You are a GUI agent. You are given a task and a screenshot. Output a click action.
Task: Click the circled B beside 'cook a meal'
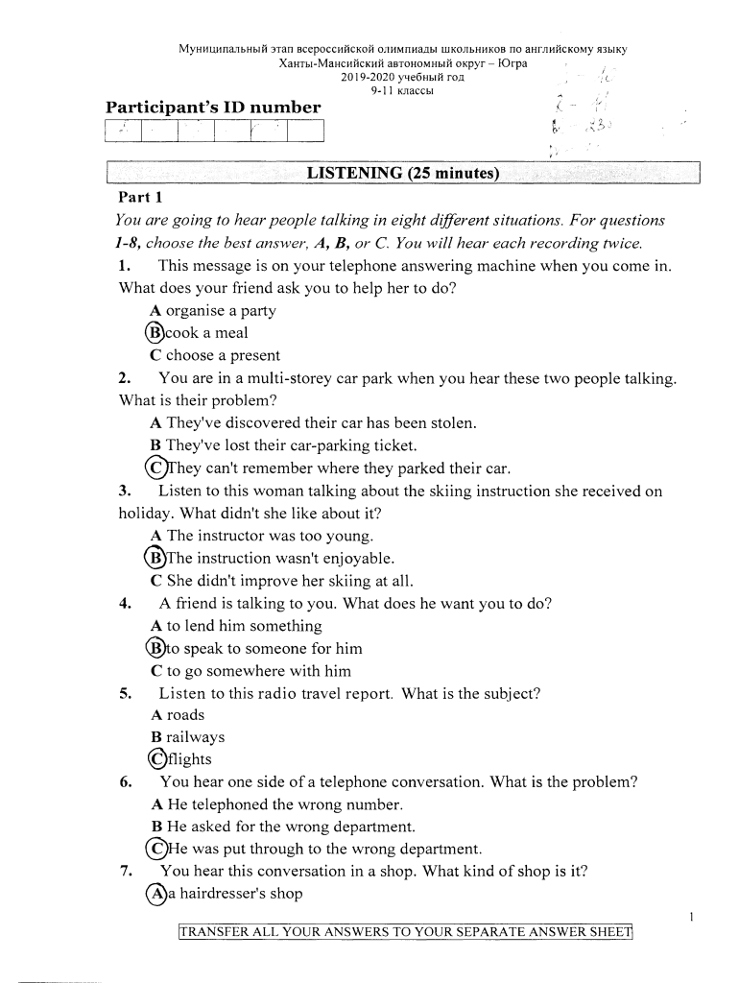[155, 333]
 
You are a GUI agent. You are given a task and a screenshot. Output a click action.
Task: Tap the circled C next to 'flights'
[155, 759]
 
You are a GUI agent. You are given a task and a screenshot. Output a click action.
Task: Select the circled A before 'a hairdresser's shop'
[155, 894]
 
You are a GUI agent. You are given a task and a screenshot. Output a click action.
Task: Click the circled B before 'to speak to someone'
[155, 648]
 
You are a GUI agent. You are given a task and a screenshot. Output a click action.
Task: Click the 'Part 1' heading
[137, 197]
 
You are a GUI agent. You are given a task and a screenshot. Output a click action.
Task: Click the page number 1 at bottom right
[692, 919]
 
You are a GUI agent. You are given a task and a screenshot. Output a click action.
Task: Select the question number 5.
[124, 693]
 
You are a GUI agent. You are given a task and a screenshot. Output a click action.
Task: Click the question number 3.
[124, 491]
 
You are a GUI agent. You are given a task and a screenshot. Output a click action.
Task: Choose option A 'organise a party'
[213, 311]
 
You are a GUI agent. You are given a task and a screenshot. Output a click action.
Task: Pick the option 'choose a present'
[215, 355]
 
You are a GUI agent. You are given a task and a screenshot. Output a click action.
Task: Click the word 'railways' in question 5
[195, 737]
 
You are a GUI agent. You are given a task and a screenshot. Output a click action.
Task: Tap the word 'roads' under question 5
[185, 715]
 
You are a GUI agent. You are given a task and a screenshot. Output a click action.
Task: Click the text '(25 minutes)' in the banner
[454, 174]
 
